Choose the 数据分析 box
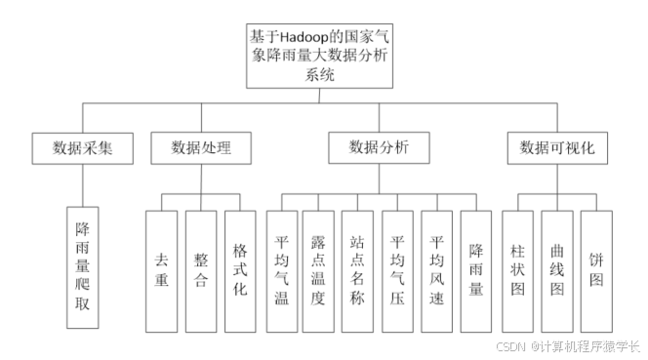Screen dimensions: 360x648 coord(379,148)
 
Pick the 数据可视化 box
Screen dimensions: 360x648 coord(556,148)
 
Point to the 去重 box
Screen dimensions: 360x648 coord(162,270)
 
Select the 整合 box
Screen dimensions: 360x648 coord(202,270)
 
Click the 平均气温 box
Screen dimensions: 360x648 coord(282,270)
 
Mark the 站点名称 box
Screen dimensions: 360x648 coord(357,270)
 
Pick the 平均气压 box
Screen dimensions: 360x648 coord(397,270)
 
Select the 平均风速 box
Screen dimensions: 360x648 coord(436,270)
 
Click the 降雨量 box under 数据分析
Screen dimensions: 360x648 coord(476,270)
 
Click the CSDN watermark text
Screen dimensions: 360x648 coord(511,346)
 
